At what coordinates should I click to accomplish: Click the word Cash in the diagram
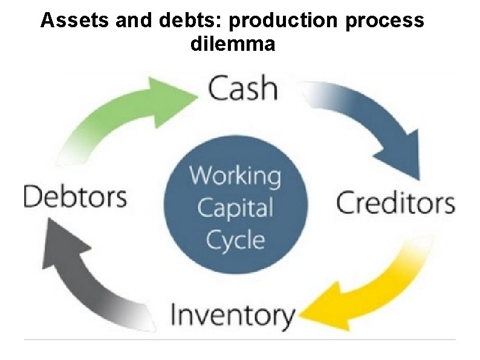(243, 89)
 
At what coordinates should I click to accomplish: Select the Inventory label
(233, 315)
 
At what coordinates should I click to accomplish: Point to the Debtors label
(75, 197)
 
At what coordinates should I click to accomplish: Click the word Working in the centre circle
(236, 177)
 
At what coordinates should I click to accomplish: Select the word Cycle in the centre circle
(235, 240)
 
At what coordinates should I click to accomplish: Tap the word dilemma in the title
(233, 44)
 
